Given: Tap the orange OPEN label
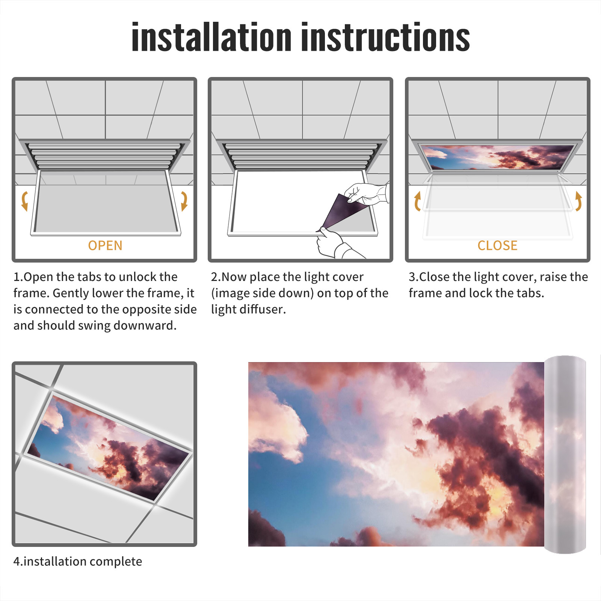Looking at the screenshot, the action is pos(105,245).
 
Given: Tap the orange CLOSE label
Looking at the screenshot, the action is pos(497,245).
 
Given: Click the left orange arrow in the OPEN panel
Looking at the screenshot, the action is pos(25,201).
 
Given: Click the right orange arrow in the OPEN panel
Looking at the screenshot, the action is pos(184,201).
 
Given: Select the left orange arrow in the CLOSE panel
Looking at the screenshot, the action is pos(417,201).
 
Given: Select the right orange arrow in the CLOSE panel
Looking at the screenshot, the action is pos(578,201).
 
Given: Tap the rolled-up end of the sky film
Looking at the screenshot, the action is pos(565,455).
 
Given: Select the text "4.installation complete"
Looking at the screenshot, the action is pos(78,562).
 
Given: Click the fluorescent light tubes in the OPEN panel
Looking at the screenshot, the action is pos(104,156).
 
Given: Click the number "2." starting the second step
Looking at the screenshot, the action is pos(216,277).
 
